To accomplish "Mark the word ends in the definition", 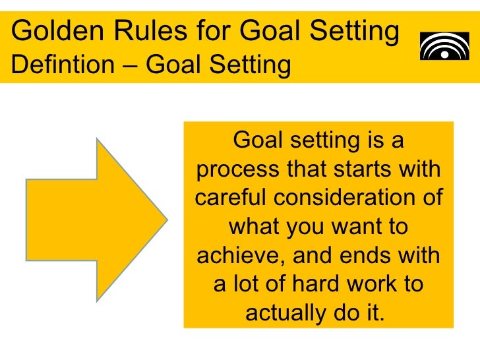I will click(x=365, y=255).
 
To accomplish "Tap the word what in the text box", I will click(x=253, y=227).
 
